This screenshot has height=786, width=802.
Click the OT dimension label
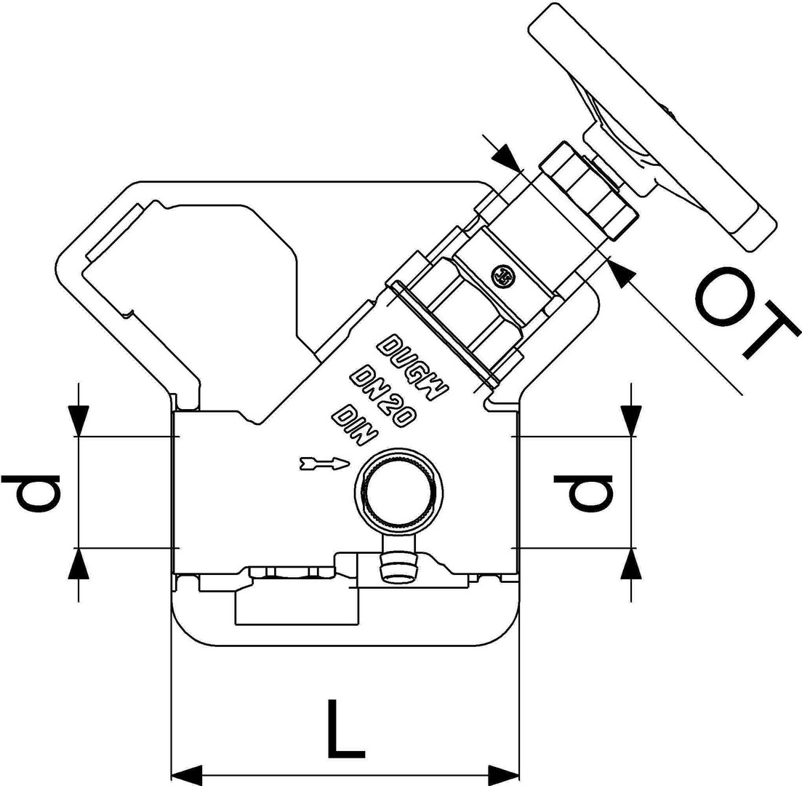pos(745,314)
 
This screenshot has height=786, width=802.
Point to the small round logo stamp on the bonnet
pos(503,275)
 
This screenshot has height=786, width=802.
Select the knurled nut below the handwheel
pos(589,191)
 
